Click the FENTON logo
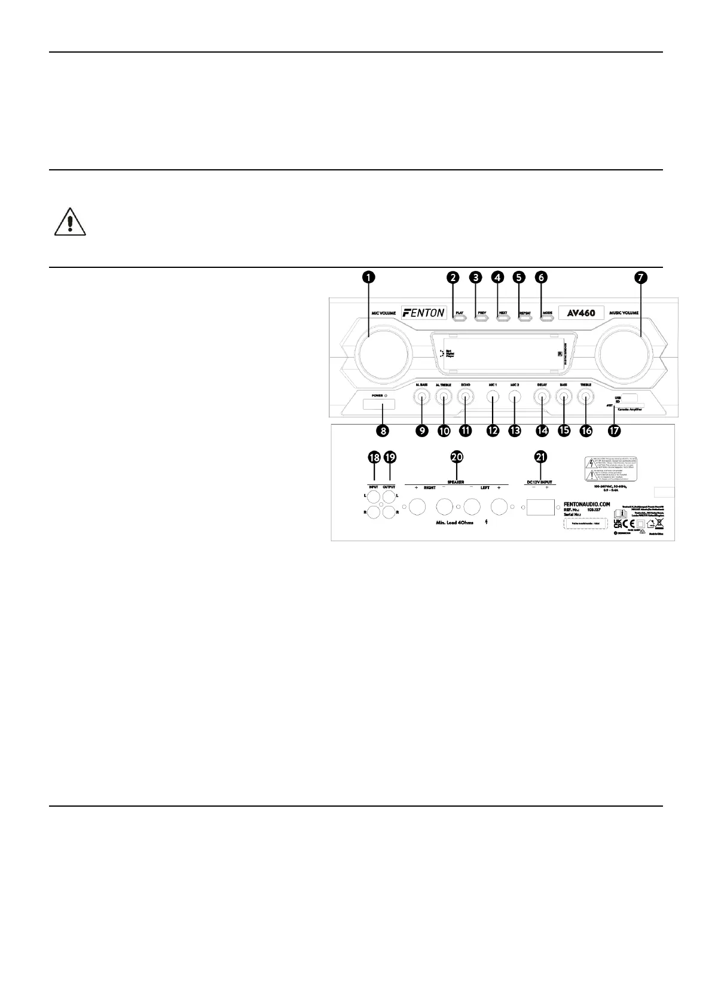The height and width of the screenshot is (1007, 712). pos(424,312)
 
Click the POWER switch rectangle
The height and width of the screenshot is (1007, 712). pos(378,405)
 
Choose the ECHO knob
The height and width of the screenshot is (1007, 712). pos(466,396)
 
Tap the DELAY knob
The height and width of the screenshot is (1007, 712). pos(542,396)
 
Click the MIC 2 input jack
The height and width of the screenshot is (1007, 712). pos(514,396)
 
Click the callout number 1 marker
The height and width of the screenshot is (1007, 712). pos(369,277)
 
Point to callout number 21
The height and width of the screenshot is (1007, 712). pos(540,457)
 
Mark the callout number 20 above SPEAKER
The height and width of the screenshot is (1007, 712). pos(457,457)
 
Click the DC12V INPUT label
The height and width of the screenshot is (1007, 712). pos(540,481)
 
